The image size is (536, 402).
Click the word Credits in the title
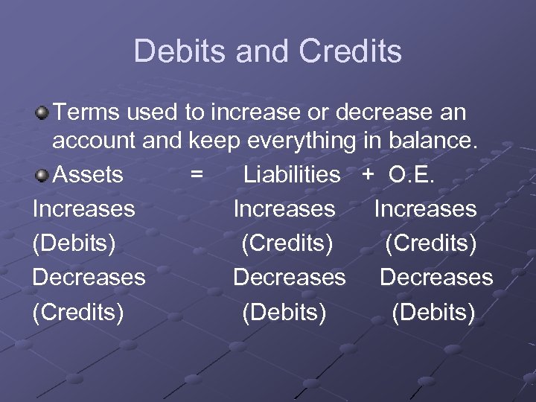point(350,51)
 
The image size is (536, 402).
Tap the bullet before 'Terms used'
point(43,113)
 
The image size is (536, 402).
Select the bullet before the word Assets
point(43,174)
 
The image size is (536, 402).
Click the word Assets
point(89,175)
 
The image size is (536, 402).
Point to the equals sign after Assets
point(197,175)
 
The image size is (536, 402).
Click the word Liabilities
point(292,175)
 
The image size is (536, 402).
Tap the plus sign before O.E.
point(368,175)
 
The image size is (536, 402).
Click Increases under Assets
point(83,209)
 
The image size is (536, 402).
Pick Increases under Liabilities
point(284,209)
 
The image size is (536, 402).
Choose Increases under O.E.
point(425,209)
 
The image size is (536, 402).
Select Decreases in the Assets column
point(89,278)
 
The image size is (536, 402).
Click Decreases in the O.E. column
point(436,278)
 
